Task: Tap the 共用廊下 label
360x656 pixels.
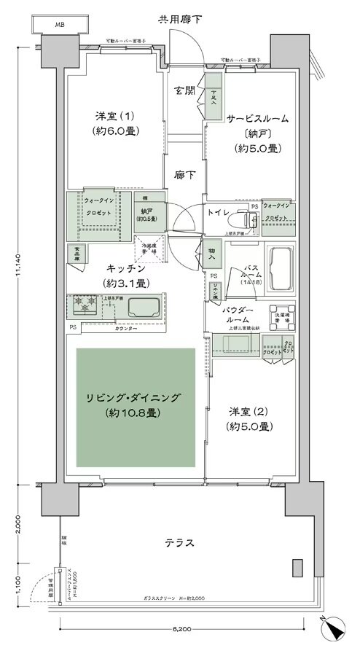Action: [180, 17]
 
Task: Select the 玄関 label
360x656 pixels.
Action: [184, 91]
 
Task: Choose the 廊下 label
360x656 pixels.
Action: [184, 175]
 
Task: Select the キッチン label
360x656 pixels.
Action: [117, 268]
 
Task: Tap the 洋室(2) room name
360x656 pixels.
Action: [249, 412]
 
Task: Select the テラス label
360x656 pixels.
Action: [179, 543]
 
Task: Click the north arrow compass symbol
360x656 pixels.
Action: [334, 626]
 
